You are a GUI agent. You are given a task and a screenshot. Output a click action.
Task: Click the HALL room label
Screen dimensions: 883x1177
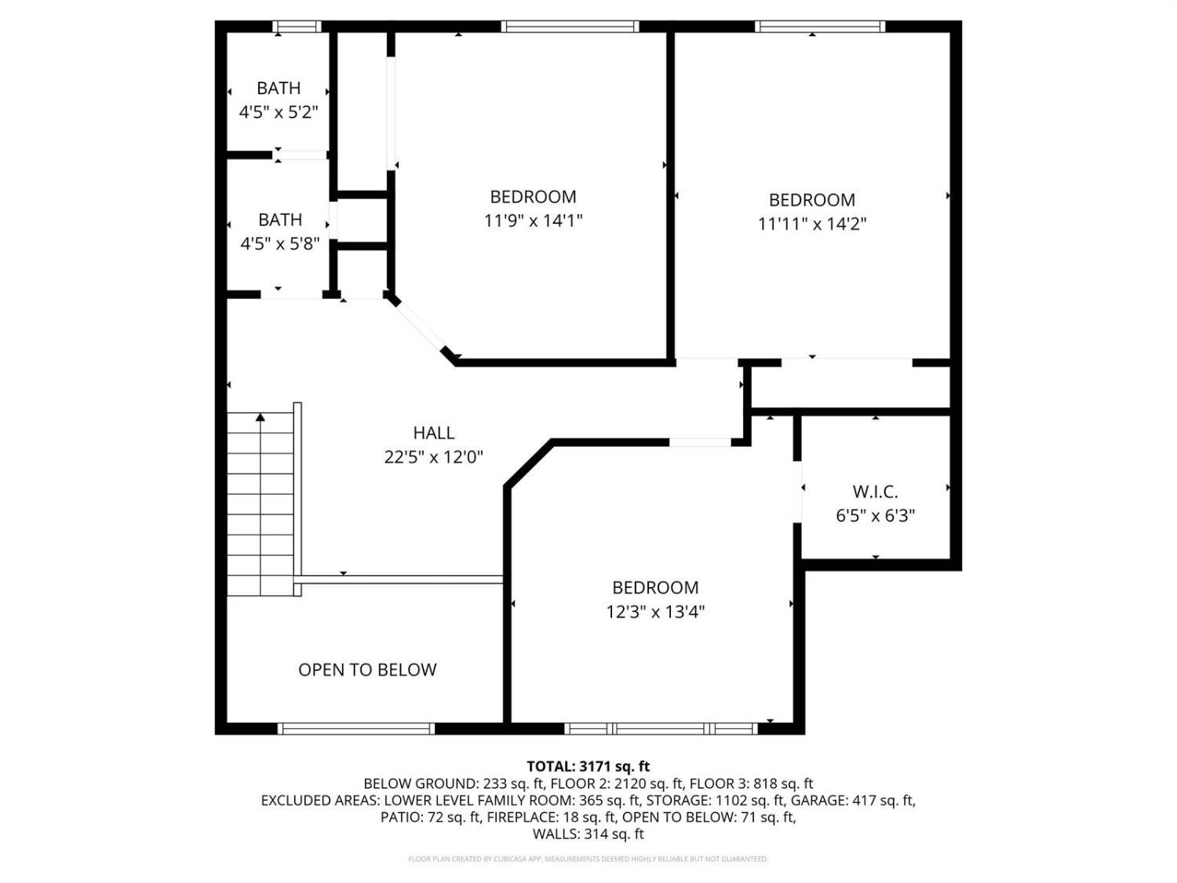coord(433,432)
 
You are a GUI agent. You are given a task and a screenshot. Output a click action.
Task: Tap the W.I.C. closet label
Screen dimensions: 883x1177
coord(875,492)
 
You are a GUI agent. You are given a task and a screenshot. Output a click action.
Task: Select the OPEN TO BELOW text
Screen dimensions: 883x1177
coord(367,670)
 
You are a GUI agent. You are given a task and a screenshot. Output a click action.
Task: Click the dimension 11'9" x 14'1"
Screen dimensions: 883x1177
coord(533,221)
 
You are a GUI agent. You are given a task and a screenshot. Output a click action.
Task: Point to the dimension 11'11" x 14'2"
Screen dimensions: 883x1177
coord(811,224)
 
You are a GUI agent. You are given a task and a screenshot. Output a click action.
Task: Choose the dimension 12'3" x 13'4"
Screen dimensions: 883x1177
coord(655,611)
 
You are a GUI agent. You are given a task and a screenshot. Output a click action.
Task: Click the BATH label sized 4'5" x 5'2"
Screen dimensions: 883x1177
coord(279,88)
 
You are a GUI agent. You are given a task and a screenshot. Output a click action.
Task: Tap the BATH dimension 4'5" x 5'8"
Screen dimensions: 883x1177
coord(279,243)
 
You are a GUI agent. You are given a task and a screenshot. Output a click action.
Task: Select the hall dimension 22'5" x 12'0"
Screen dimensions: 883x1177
coord(433,457)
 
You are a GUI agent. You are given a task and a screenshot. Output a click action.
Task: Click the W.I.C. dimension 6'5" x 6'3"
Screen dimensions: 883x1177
coord(875,516)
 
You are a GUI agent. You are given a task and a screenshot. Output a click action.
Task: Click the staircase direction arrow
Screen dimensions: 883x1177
coord(261,418)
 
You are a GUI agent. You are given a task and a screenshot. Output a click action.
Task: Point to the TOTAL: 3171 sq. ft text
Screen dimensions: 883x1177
coord(588,766)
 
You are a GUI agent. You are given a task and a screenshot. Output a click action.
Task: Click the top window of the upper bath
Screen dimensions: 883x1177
coord(297,27)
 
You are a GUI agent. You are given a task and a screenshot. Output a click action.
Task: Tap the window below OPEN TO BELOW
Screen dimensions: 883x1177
coord(356,728)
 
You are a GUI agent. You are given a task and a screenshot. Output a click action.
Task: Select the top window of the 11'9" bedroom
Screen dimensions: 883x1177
coord(570,27)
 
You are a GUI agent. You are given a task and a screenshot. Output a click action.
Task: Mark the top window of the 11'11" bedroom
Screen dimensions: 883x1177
coord(820,27)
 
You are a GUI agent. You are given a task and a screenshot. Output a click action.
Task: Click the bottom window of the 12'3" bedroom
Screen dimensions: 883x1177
coord(661,728)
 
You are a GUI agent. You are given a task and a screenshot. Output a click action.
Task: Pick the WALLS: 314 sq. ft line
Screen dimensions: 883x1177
coord(588,834)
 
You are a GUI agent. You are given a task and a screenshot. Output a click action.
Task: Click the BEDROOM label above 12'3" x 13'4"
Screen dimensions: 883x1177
coord(655,587)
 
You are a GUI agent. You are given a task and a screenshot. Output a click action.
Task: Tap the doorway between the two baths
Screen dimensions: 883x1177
coord(300,155)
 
